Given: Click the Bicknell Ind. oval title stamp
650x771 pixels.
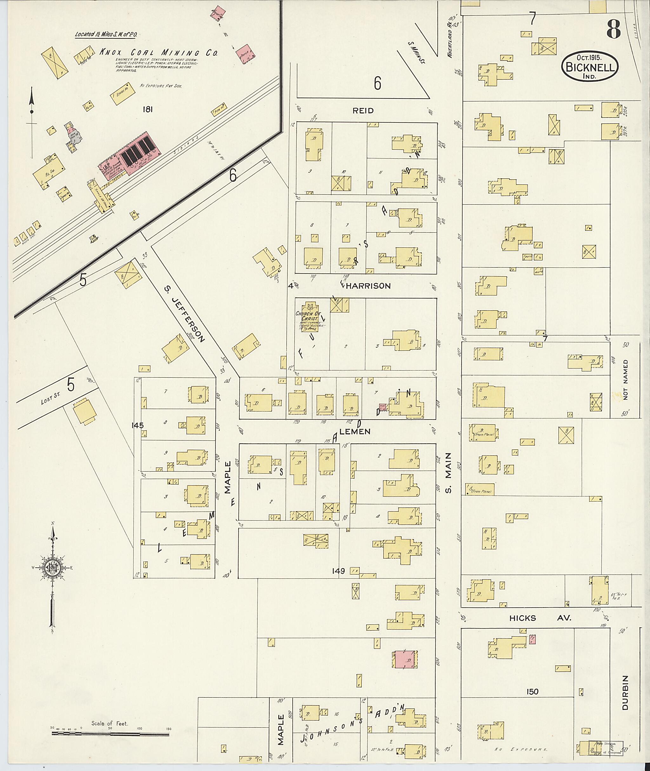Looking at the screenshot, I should tap(590, 67).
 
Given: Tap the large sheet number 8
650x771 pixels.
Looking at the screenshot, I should tap(614, 29).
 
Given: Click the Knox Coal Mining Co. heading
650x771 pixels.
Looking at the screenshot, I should tap(158, 53).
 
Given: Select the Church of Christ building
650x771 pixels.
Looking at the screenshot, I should tap(310, 317).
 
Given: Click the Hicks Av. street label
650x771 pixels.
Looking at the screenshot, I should tap(540, 618).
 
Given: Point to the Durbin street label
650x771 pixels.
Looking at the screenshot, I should tap(625, 693).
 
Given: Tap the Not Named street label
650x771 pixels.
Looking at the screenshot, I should tap(626, 380).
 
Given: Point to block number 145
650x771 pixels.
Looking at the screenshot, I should tap(138, 425).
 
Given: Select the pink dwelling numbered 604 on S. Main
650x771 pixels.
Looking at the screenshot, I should tap(405, 659).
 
